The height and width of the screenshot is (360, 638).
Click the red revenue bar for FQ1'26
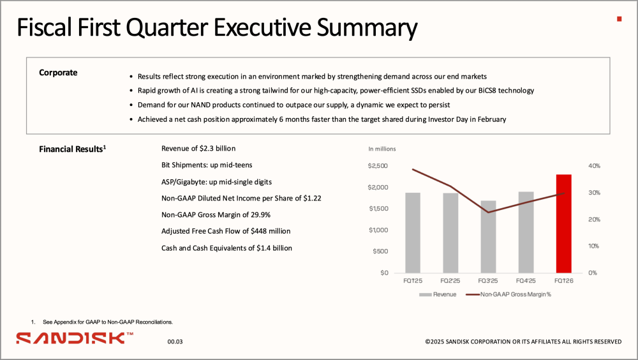563,223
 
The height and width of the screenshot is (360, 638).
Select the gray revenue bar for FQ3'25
488,237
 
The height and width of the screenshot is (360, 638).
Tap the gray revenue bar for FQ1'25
413,233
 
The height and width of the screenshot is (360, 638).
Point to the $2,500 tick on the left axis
378,166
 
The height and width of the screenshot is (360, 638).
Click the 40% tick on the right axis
594,166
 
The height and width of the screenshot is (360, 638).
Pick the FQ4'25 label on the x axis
526,281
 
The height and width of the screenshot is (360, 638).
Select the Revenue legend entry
438,294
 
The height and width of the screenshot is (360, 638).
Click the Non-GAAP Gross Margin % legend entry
508,294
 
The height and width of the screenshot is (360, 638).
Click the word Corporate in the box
58,73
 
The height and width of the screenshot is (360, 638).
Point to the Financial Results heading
73,149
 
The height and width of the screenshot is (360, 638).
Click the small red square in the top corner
619,19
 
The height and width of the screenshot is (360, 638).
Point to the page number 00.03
175,341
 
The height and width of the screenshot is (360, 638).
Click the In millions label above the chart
382,149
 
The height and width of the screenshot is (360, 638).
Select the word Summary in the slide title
367,27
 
